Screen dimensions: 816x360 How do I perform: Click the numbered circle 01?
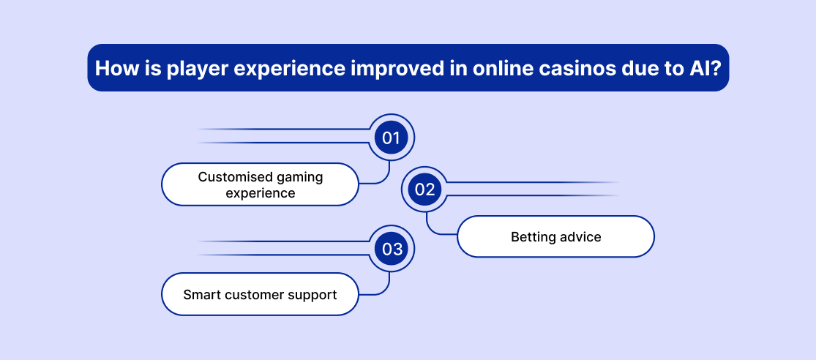click(x=391, y=138)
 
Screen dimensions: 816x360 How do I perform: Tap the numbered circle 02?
click(x=424, y=190)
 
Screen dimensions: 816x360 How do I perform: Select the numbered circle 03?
click(x=392, y=249)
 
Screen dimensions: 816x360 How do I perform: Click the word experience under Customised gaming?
click(x=261, y=193)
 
